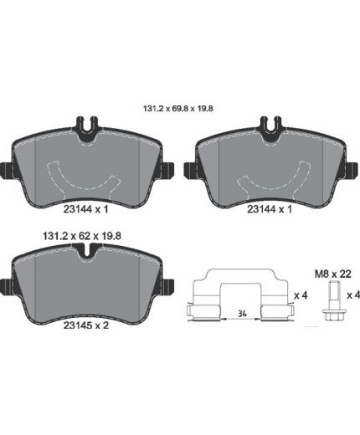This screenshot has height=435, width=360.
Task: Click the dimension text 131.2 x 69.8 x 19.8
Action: tap(178, 108)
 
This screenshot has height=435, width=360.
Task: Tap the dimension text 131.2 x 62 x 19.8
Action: tap(82, 236)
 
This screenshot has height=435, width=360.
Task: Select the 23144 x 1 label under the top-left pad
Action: tap(85, 209)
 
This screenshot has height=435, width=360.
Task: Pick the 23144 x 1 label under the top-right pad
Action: tap(270, 209)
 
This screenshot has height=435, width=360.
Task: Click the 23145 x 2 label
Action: tap(86, 325)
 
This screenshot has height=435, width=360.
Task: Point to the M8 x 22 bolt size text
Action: tap(333, 274)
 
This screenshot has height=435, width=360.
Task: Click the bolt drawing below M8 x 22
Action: tap(332, 301)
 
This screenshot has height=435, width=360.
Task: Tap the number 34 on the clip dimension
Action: tap(243, 314)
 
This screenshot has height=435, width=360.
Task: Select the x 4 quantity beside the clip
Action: tap(301, 295)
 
